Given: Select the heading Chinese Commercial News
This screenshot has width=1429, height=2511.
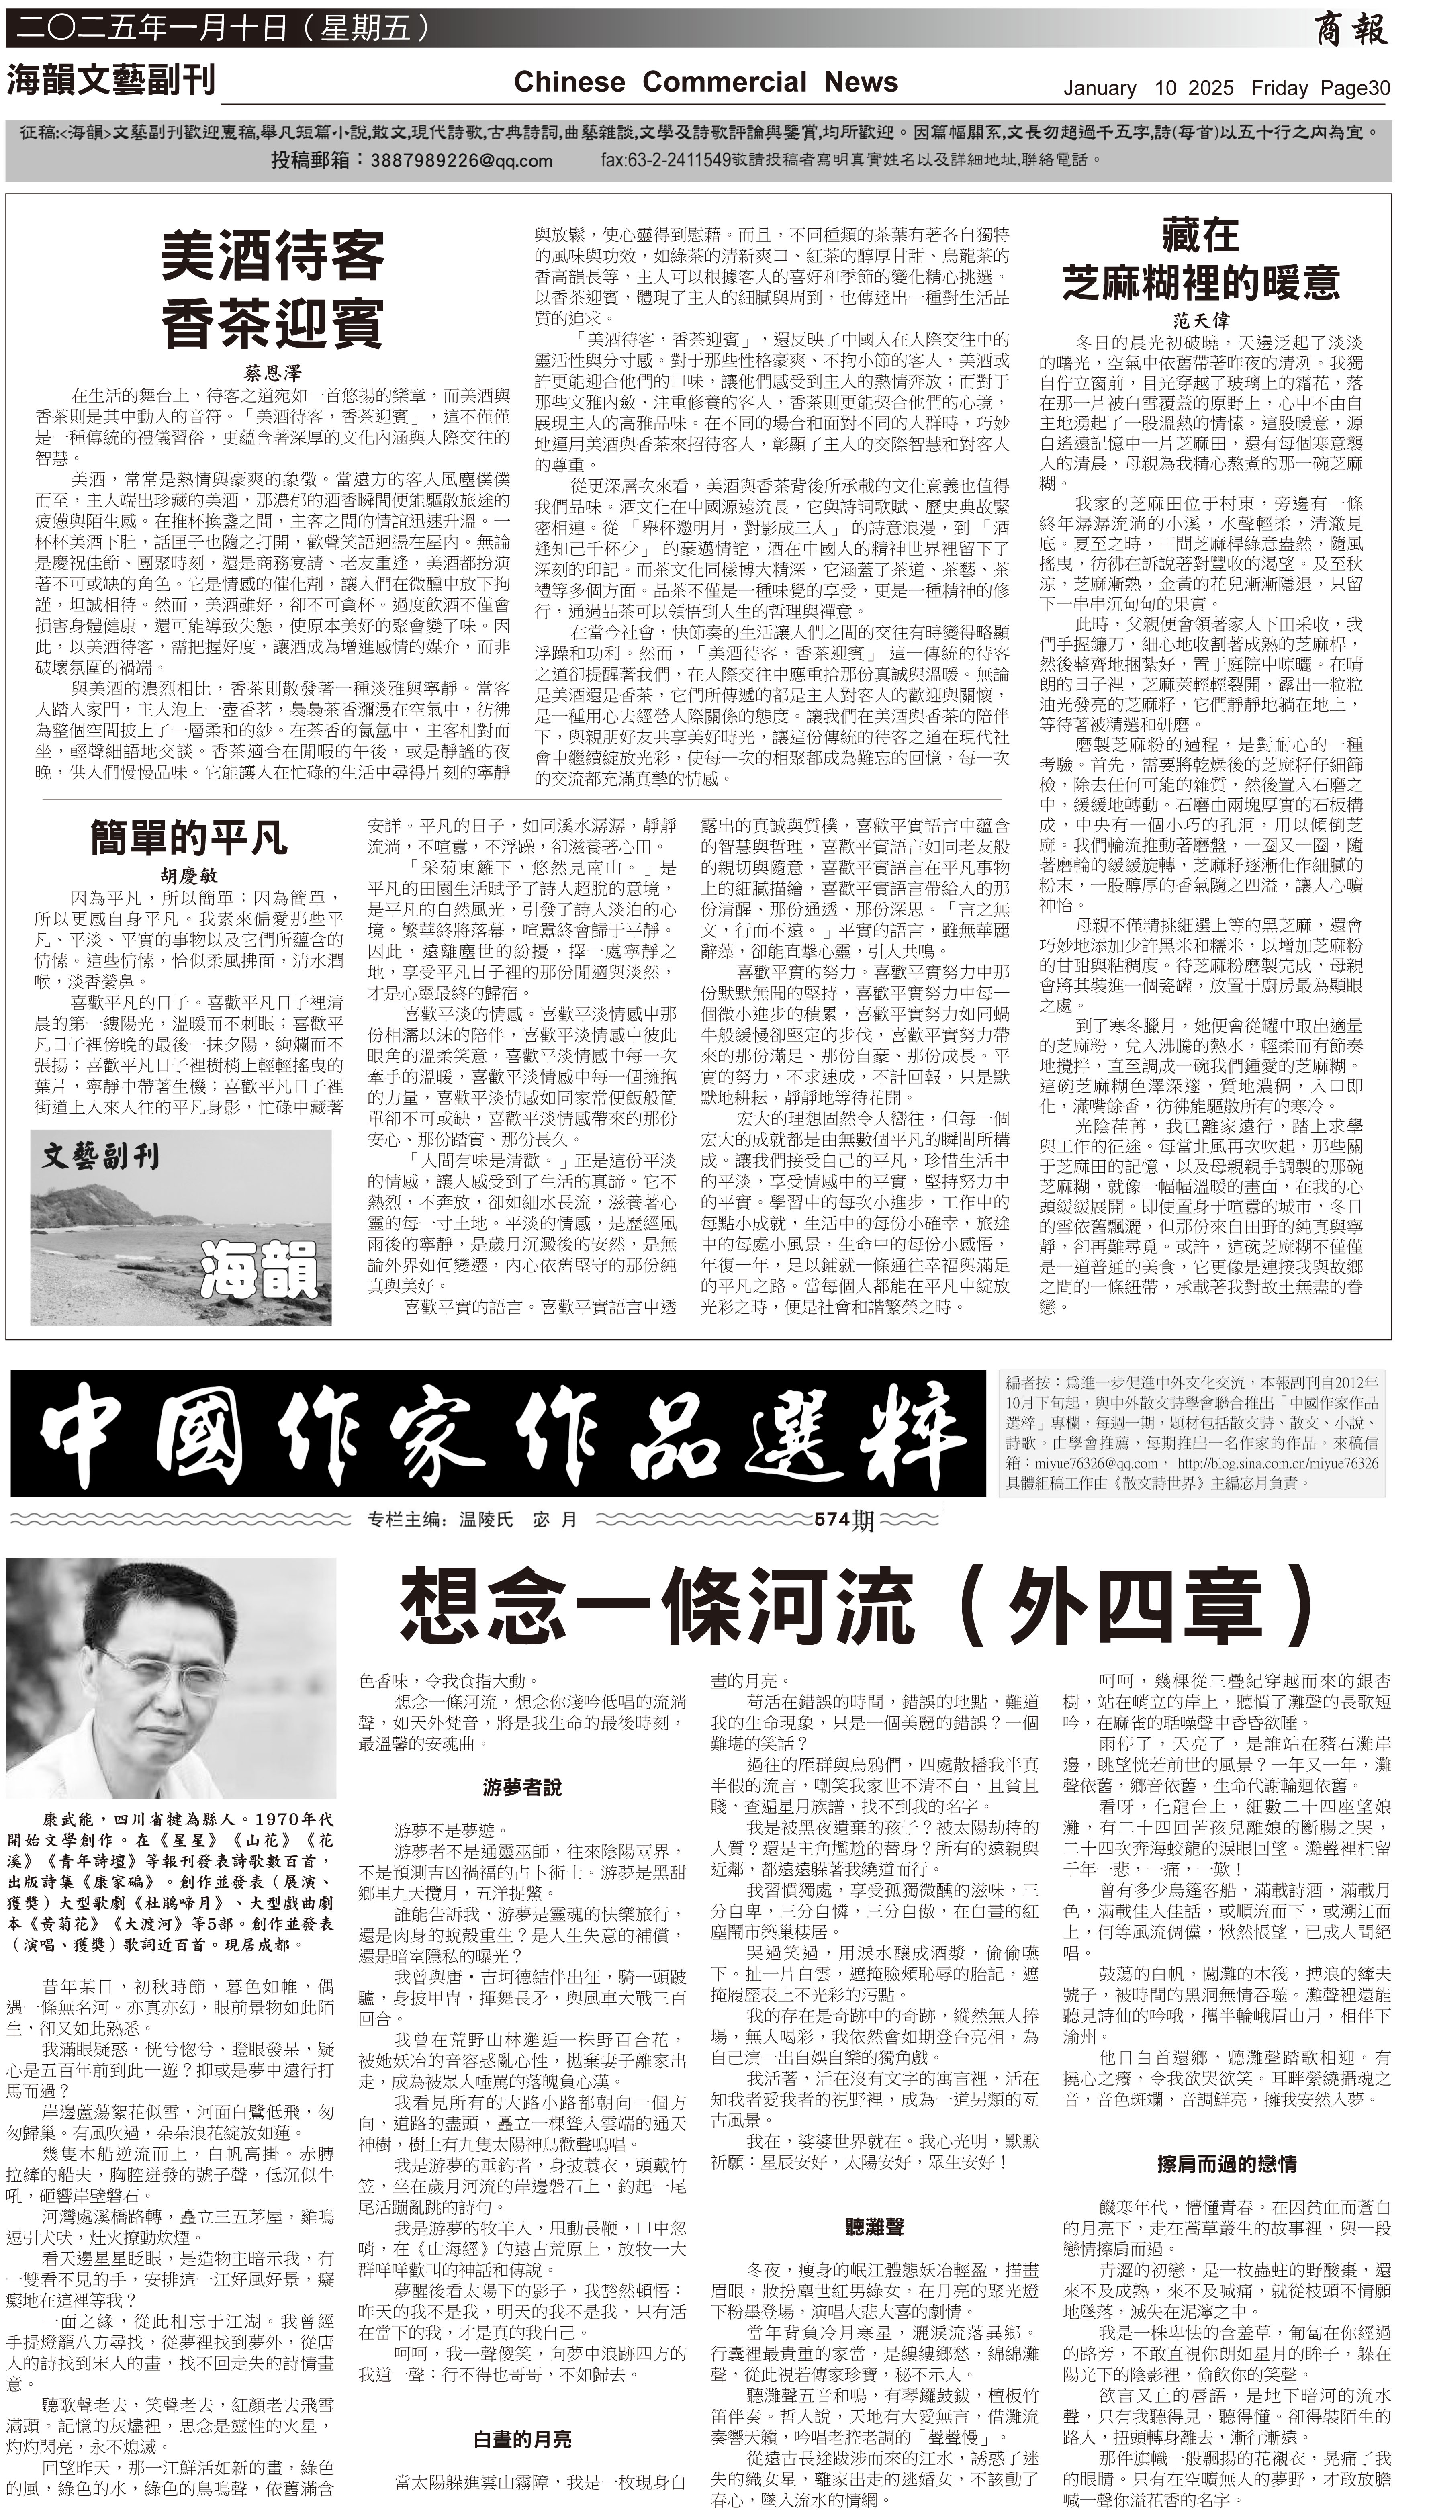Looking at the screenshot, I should pyautogui.click(x=705, y=82).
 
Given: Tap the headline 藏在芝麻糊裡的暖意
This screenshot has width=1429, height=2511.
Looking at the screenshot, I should pyautogui.click(x=1199, y=259).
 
